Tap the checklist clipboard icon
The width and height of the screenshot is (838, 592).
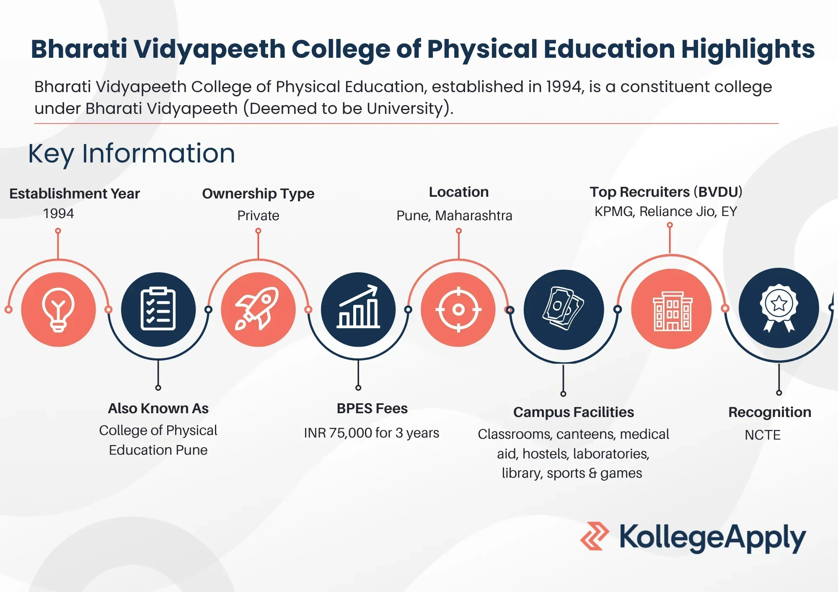[x=158, y=309]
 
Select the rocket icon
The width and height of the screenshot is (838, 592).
[x=257, y=309]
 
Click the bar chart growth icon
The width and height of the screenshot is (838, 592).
[x=358, y=306]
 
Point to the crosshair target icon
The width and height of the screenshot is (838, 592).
[x=458, y=309]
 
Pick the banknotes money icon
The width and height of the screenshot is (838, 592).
[x=563, y=308]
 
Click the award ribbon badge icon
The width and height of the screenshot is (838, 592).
[x=779, y=308]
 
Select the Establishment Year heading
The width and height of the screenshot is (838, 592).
[x=75, y=193]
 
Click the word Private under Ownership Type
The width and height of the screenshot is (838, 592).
[x=258, y=215]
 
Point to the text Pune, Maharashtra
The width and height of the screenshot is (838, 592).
[x=454, y=215]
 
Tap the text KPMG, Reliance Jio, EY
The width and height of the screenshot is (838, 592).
[x=666, y=211]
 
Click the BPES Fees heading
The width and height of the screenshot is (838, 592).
[x=372, y=408]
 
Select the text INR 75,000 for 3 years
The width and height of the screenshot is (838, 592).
[x=372, y=432]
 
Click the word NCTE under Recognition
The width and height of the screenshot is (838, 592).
[x=763, y=435]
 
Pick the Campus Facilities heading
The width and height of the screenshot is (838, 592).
[x=574, y=412]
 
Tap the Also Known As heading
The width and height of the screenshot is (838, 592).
[x=158, y=408]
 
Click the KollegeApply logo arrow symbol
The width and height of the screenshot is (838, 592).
[x=595, y=536]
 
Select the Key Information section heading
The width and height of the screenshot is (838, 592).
[x=132, y=153]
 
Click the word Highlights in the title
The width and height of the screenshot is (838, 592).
[x=748, y=49]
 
